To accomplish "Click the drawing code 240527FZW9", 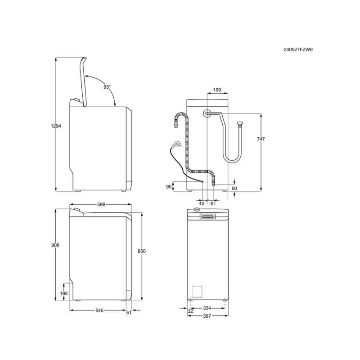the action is [x=298, y=49].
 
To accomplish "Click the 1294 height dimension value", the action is [x=56, y=126].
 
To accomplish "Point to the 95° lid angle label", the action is [x=107, y=87].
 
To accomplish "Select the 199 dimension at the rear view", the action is [x=217, y=90].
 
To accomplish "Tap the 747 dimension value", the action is [x=261, y=139].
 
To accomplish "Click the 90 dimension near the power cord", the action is [x=169, y=187].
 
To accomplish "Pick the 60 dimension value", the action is [x=234, y=189].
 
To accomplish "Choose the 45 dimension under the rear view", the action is [x=201, y=203].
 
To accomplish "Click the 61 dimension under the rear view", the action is [x=213, y=203].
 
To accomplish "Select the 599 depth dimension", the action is [x=101, y=204].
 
